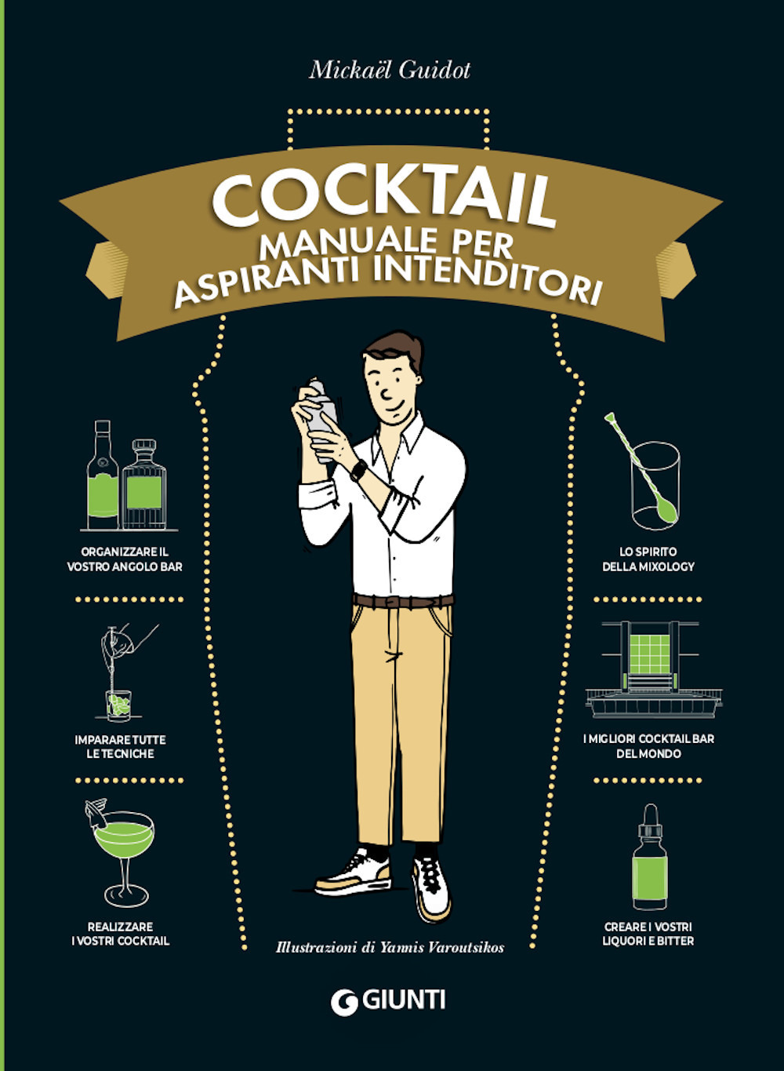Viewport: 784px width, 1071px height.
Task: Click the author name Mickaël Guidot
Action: click(390, 70)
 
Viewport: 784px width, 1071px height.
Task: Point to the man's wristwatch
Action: click(359, 471)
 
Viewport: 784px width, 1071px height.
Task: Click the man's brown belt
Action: click(403, 602)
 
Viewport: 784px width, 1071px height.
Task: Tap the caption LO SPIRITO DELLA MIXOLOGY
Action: click(648, 559)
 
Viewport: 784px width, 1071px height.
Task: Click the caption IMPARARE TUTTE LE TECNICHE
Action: click(120, 747)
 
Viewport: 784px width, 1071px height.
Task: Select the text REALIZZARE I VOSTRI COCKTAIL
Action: click(120, 934)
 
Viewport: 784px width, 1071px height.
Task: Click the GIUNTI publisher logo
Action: click(389, 1001)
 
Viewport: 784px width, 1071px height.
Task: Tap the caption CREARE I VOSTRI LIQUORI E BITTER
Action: click(648, 934)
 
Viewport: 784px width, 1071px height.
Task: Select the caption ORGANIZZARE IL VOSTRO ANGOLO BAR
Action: click(125, 559)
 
